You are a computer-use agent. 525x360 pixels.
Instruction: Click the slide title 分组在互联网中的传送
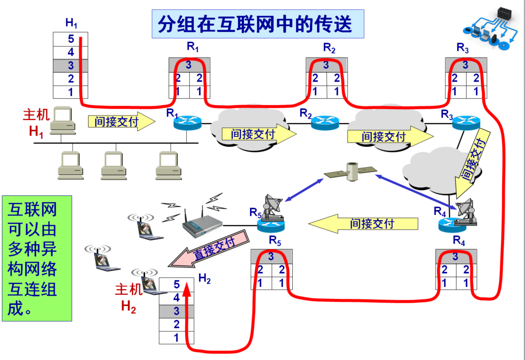click(x=258, y=24)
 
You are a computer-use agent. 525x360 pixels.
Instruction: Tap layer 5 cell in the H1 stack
click(x=70, y=39)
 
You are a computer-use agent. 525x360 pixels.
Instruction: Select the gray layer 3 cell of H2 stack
click(x=176, y=311)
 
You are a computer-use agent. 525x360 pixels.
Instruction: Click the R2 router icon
click(x=324, y=123)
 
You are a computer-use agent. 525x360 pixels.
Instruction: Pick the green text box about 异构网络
click(x=37, y=258)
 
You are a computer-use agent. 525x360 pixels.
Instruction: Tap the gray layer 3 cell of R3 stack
click(x=465, y=65)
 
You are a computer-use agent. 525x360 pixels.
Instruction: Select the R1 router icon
click(x=186, y=123)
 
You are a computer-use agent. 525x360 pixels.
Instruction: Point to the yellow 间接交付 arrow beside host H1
click(x=121, y=122)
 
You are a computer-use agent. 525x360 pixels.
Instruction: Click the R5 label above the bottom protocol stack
click(x=275, y=241)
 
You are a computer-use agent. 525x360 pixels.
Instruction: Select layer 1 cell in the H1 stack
click(x=70, y=91)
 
